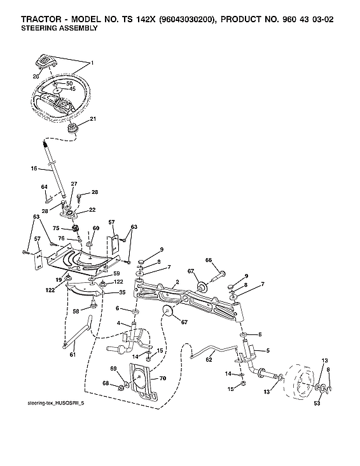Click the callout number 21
(93, 119)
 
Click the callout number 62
(209, 359)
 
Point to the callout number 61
(72, 354)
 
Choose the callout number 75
(56, 228)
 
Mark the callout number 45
(72, 89)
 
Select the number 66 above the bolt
(208, 260)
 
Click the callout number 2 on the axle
(176, 281)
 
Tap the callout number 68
(106, 384)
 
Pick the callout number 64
(45, 187)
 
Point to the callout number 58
(76, 311)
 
